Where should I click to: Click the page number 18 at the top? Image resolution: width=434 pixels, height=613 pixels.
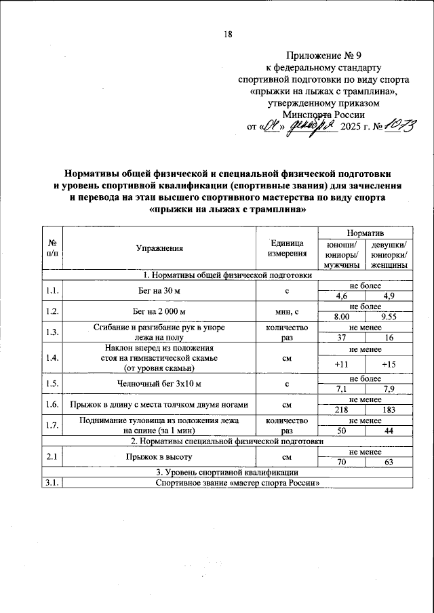click(229, 36)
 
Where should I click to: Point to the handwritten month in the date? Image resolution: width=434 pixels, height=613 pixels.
click(311, 125)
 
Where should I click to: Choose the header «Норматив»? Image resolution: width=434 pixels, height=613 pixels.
click(366, 233)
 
